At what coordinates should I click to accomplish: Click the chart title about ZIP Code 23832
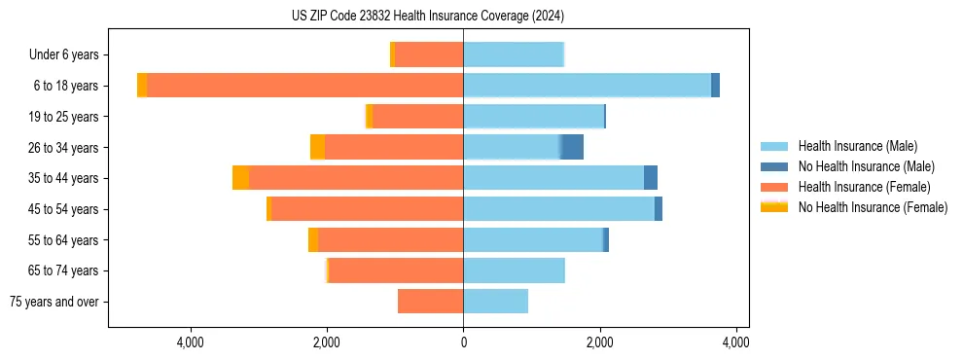click(x=427, y=17)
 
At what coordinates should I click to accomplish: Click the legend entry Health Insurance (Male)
click(x=857, y=146)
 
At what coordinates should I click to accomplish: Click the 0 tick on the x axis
click(x=463, y=342)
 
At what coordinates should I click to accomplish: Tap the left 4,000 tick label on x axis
click(x=190, y=342)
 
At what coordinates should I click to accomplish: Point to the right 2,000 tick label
click(x=600, y=342)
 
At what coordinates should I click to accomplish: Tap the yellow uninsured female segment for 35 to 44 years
click(x=240, y=178)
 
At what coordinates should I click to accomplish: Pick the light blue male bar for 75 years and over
click(x=495, y=302)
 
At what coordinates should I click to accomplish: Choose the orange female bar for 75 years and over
click(x=430, y=302)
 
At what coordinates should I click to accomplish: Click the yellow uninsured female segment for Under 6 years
click(x=392, y=54)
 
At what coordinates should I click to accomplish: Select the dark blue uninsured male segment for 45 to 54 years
click(x=659, y=209)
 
